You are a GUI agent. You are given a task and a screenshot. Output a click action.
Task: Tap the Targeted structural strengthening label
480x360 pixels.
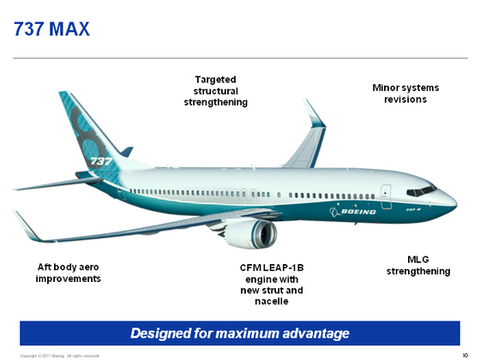click(215, 91)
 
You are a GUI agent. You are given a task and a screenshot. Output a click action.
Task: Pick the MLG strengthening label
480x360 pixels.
click(418, 266)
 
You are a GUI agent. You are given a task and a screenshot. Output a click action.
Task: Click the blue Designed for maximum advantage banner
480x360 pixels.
click(240, 333)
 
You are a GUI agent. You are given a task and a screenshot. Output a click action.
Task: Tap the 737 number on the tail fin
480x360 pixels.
click(100, 160)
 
